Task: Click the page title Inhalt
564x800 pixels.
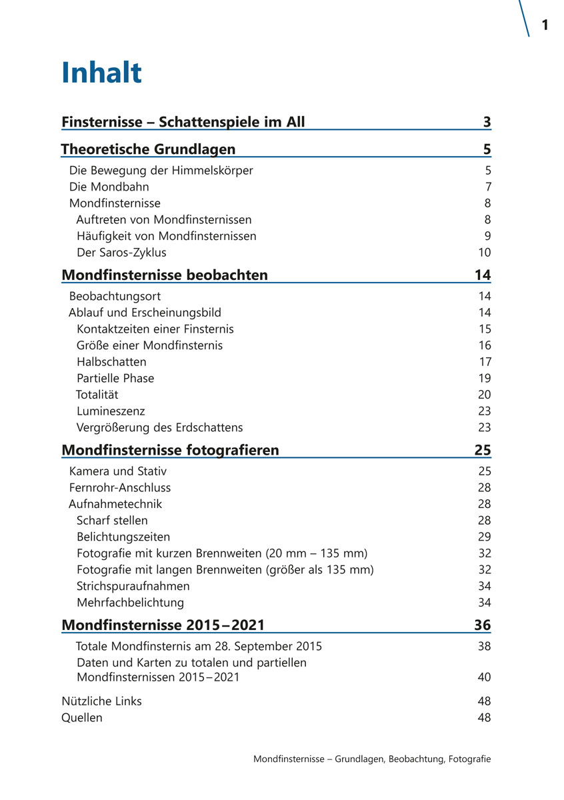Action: click(101, 73)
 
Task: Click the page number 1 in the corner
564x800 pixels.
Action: click(545, 25)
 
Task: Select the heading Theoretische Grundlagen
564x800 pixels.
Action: click(148, 149)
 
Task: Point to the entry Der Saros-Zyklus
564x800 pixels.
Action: click(121, 253)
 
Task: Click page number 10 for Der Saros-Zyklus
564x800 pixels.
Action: click(484, 253)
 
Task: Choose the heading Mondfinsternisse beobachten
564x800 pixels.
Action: click(165, 275)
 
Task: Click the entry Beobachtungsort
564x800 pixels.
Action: click(115, 296)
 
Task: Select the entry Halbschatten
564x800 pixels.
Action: click(111, 362)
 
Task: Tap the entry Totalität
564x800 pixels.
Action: click(97, 395)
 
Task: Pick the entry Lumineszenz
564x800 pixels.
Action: click(111, 411)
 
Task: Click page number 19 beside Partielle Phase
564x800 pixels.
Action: click(485, 379)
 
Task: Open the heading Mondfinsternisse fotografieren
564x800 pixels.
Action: click(170, 450)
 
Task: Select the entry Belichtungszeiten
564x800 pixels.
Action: click(123, 537)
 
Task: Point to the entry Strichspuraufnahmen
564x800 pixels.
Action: click(133, 586)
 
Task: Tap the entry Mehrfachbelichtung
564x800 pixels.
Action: click(130, 603)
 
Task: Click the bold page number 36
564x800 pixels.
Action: click(482, 625)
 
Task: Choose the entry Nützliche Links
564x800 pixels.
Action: click(101, 701)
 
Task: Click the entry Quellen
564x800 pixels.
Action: click(82, 718)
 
